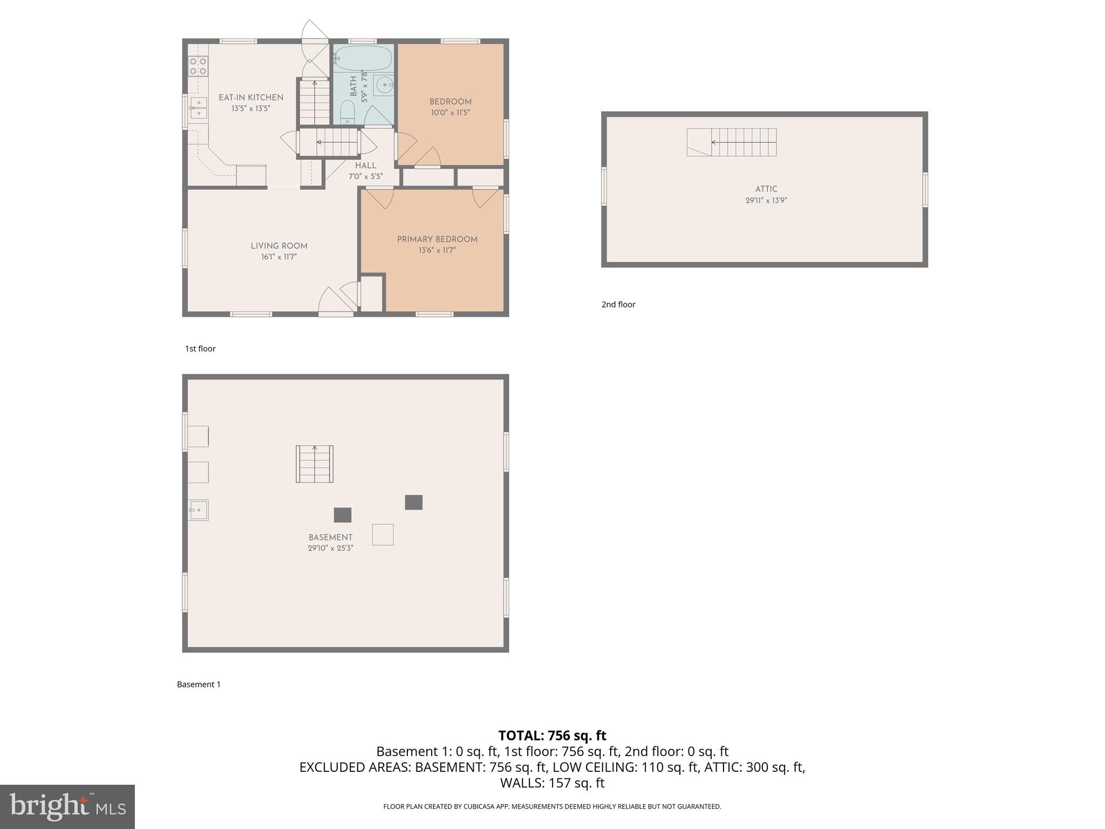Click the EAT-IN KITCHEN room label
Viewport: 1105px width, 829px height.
[250, 98]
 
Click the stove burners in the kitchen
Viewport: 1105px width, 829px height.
[198, 66]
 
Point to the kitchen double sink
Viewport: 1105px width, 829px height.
[198, 108]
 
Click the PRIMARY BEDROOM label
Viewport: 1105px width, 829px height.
[437, 240]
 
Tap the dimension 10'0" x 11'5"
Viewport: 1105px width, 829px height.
[450, 113]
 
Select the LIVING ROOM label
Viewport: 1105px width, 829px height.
[279, 246]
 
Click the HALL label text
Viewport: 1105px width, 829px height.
[365, 166]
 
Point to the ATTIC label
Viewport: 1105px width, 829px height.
[766, 189]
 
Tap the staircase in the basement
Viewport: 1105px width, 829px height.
[315, 464]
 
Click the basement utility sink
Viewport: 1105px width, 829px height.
[198, 509]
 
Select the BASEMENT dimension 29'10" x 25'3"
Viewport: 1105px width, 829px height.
[330, 548]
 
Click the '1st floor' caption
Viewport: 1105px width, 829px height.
[200, 349]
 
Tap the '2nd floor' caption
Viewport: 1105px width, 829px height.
[618, 304]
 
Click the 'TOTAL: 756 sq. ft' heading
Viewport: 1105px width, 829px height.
[552, 736]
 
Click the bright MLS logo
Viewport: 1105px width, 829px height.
[67, 806]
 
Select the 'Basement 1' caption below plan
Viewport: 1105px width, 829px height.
[199, 684]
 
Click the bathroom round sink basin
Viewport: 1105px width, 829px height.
[384, 85]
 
